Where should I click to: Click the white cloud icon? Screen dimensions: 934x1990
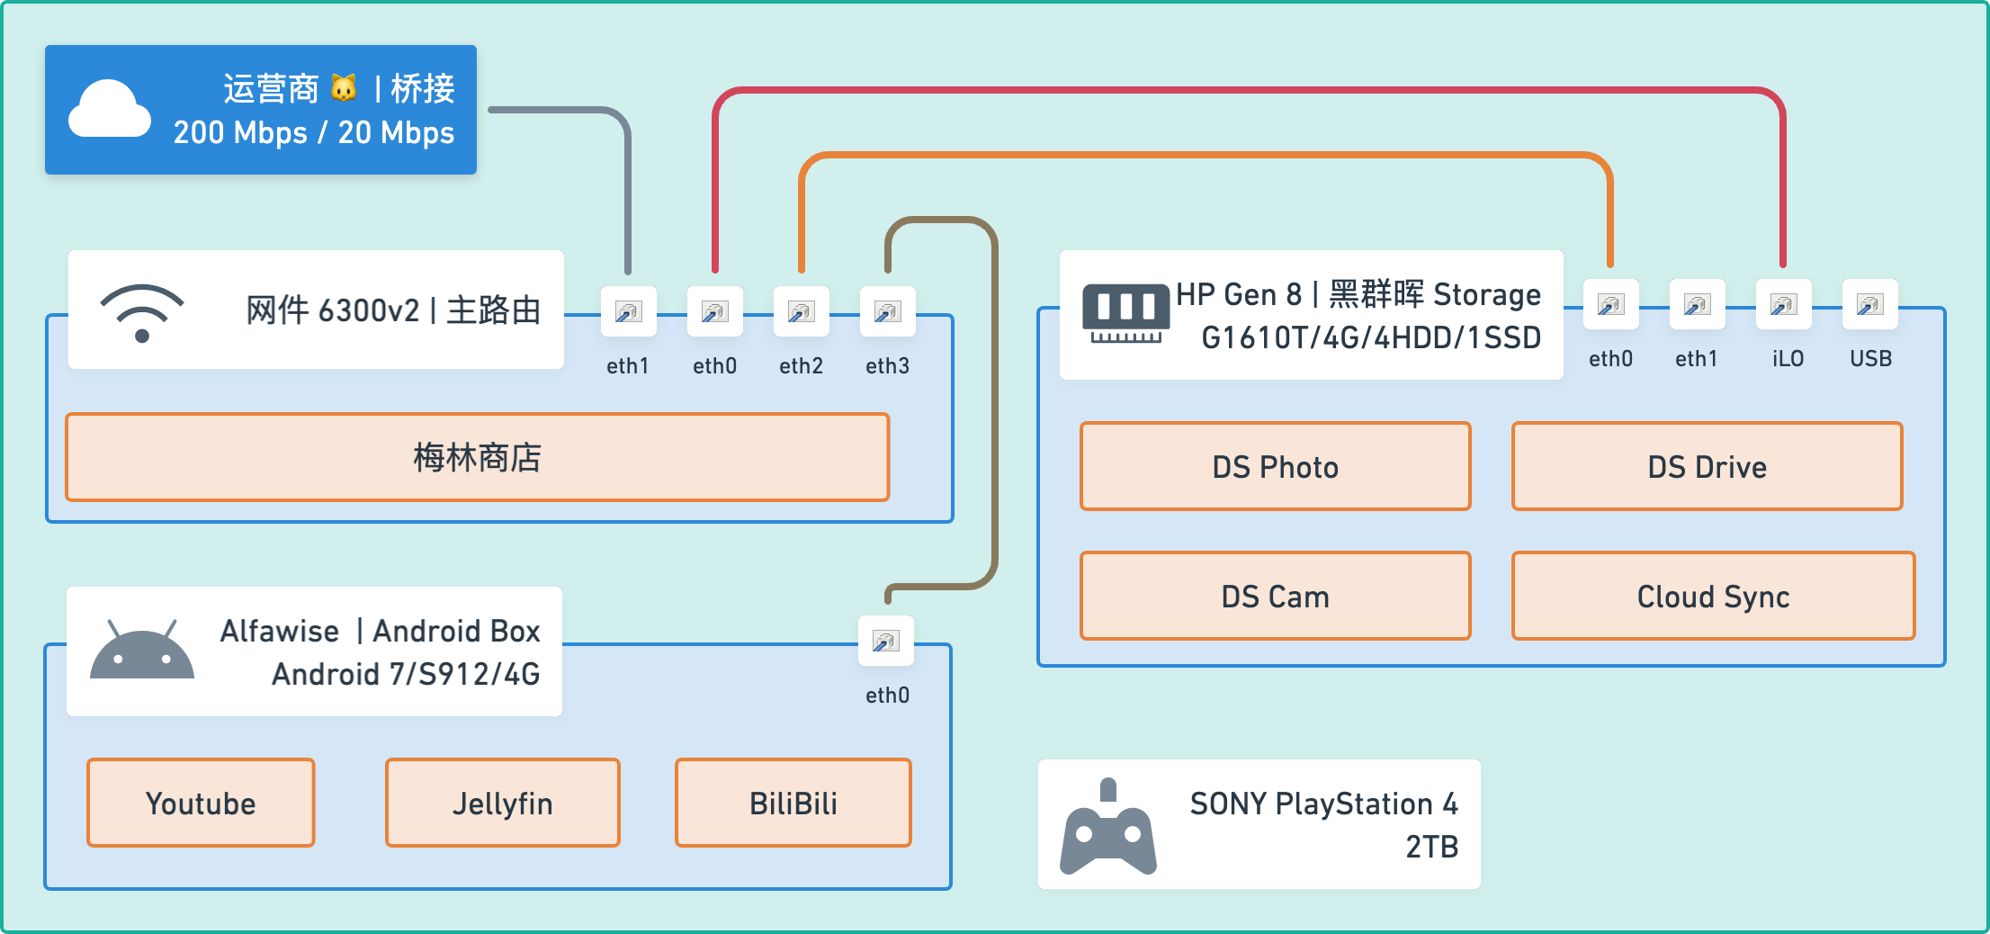[110, 110]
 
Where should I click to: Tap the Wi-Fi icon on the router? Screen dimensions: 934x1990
[142, 312]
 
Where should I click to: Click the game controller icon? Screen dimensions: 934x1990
[1108, 828]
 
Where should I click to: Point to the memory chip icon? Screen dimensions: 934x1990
[1125, 313]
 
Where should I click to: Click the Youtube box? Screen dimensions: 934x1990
[201, 803]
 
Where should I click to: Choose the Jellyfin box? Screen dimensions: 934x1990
[502, 803]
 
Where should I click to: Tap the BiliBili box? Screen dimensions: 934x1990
[793, 803]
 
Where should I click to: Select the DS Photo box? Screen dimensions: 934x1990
[1275, 466]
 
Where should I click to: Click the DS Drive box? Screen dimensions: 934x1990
[1707, 466]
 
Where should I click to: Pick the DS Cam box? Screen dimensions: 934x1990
[1275, 596]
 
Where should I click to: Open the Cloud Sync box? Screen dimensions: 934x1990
[1713, 596]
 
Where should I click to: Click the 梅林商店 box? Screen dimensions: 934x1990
[477, 457]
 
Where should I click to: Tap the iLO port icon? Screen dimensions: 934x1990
[1783, 305]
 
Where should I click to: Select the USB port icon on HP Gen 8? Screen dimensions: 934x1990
[1869, 305]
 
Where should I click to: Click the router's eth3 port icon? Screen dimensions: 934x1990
[887, 312]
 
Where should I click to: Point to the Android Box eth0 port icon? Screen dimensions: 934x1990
[886, 642]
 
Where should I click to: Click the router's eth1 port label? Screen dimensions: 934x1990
[627, 366]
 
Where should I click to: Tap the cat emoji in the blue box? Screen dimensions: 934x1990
[344, 88]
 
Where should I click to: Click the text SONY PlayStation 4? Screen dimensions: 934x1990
[1323, 804]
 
